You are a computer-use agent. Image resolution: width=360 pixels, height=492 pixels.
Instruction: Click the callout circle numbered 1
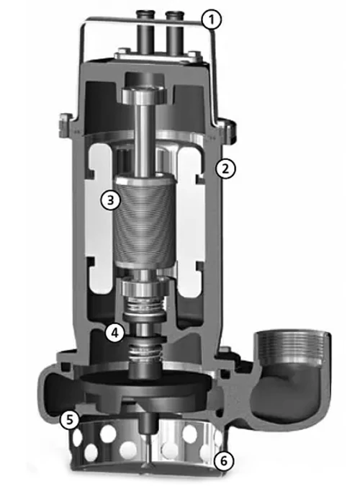pos(212,19)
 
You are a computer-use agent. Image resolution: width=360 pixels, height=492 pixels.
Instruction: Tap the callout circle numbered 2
pos(225,169)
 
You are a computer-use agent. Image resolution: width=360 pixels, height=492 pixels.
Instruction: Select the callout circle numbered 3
pos(110,200)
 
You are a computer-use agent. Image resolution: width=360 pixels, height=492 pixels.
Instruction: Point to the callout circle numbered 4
pos(114,333)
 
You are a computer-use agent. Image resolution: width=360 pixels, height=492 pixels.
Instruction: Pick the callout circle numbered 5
pos(70,419)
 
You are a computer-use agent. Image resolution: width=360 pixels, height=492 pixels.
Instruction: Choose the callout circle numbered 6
pos(224,461)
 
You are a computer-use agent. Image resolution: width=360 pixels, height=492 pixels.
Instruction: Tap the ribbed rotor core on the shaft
pos(145,221)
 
